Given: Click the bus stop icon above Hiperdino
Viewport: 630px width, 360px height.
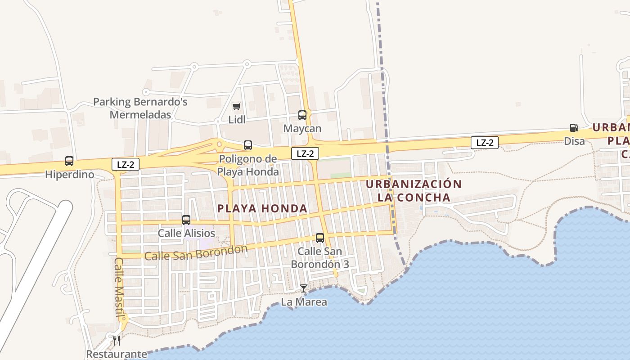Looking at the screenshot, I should [69, 161].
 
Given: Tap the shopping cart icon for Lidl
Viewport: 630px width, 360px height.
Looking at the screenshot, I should [236, 107].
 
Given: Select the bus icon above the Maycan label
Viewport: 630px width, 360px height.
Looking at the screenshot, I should [302, 115].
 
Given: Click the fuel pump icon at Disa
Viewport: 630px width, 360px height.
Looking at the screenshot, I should [574, 128].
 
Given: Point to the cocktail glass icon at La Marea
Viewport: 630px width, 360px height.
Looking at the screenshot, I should [304, 288].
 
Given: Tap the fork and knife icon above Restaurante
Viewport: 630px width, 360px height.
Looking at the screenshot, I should [117, 340].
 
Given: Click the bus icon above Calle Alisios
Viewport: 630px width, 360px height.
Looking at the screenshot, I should [186, 220].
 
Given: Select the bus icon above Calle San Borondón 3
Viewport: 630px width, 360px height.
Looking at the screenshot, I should [320, 238].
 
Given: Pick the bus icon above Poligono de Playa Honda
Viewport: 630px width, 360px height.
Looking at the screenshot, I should [248, 145].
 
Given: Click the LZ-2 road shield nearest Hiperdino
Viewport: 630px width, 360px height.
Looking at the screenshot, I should [126, 165].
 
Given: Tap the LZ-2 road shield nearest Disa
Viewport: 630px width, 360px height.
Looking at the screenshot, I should [485, 143].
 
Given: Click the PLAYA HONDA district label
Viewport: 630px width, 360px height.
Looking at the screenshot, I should [262, 209].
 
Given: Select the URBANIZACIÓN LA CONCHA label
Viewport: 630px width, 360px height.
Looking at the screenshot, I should [414, 191].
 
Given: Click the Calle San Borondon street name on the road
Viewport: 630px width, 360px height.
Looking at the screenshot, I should [196, 253].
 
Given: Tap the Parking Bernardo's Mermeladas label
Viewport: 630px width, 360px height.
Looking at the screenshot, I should [140, 108].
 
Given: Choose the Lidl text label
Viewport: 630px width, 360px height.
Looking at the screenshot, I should [237, 120].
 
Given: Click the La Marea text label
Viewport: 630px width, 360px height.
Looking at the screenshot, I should [304, 302].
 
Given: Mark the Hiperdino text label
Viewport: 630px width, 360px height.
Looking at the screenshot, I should [70, 175].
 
